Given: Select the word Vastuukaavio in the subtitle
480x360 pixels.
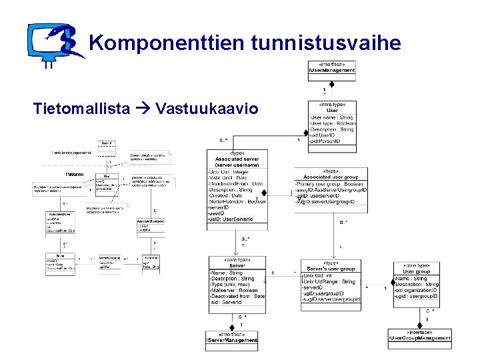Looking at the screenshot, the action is (x=206, y=109).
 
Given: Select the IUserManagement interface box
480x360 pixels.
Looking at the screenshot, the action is (x=331, y=68).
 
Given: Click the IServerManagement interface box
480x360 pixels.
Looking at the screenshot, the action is (x=231, y=338).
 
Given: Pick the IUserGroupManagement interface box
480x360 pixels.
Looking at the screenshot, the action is (x=419, y=336).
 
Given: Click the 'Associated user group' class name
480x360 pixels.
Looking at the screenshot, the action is (x=331, y=177).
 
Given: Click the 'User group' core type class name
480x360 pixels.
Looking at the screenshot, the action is (x=417, y=271).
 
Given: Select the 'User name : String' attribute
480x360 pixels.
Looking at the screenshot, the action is (x=332, y=118).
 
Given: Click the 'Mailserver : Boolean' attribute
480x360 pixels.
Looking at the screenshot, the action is (x=234, y=290).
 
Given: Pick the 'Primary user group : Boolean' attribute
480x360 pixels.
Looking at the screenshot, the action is (x=333, y=184).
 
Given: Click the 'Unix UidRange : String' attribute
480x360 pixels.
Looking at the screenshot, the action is (x=330, y=281).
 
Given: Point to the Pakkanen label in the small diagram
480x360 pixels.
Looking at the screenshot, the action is (x=75, y=174).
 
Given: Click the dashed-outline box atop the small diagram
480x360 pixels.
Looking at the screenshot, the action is (x=105, y=143).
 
